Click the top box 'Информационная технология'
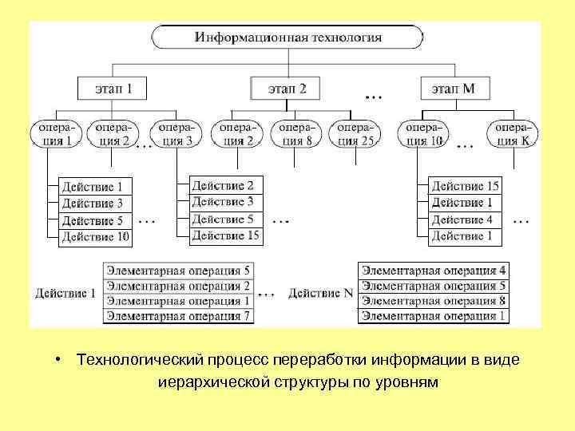288,38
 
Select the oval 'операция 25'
355,134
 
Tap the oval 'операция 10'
424,134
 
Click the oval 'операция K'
513,134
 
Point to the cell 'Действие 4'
466,219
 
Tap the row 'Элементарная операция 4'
434,271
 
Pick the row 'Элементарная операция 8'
434,301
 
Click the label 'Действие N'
320,294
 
